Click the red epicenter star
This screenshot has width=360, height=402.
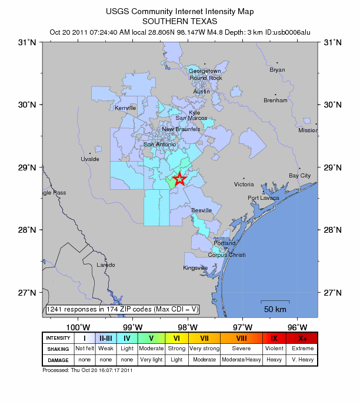tap(180, 179)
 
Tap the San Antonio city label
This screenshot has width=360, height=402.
tap(160, 145)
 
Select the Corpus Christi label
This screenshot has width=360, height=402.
tap(226, 255)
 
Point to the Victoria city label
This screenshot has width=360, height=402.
tap(244, 185)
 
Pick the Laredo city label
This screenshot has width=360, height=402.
tap(106, 265)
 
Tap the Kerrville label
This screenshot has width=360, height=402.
tap(125, 108)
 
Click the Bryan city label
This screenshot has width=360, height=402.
tap(277, 70)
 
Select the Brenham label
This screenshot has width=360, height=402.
tap(275, 101)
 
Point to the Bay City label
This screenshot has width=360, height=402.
tap(299, 176)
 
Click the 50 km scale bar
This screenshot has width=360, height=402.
tap(275, 303)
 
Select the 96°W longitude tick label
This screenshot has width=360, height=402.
tap(298, 327)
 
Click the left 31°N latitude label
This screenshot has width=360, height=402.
tap(30, 42)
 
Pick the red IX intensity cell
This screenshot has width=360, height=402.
tap(274, 338)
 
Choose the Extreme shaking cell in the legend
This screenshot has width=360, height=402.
tap(303, 349)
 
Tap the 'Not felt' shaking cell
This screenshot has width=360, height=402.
tap(85, 349)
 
